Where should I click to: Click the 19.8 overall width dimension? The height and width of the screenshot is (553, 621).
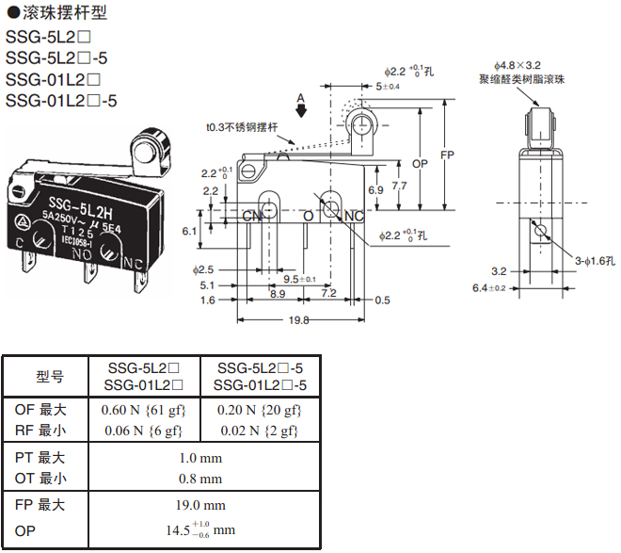point(299,320)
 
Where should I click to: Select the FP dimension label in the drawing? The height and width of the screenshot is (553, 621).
point(448,155)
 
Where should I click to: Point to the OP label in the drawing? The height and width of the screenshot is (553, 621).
point(421,163)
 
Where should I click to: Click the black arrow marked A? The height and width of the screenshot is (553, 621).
point(301,109)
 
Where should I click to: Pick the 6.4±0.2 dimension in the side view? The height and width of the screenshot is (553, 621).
point(488,287)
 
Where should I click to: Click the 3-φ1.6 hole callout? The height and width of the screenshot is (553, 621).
point(596,260)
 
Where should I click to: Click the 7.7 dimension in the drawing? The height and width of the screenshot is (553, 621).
point(400,187)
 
